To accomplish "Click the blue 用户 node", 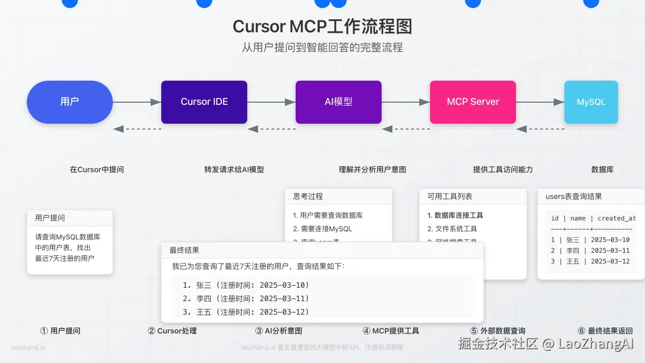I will coord(70,102).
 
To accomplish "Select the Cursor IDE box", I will coord(204,102).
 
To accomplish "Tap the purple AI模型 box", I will coord(339,102).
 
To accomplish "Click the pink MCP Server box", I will coord(473,102).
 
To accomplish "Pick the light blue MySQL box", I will coord(591,102).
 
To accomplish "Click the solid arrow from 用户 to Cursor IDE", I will coord(137,102).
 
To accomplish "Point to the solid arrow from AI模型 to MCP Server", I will coord(406,102).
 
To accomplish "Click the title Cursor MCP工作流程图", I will coord(322,27).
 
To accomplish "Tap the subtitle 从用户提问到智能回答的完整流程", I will coord(322,47).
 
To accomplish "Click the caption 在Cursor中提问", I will coord(97,169).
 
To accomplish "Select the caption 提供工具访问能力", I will coord(503,169).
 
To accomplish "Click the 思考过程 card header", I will coord(308,196).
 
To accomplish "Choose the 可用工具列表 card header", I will coord(450,196).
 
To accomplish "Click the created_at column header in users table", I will coord(617,218).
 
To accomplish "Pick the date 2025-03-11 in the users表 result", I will coord(610,251).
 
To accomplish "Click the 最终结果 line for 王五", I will coord(246,312).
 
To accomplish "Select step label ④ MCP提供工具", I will coord(391,331).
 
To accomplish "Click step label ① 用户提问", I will coord(61,331).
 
